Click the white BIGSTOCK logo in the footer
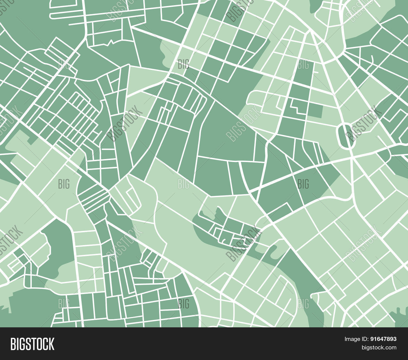32,344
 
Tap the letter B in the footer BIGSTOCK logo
13,344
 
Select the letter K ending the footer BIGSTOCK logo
51,344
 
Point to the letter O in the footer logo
39,344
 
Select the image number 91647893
383,339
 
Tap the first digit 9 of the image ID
372,339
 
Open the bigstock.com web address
379,347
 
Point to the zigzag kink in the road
111,42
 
